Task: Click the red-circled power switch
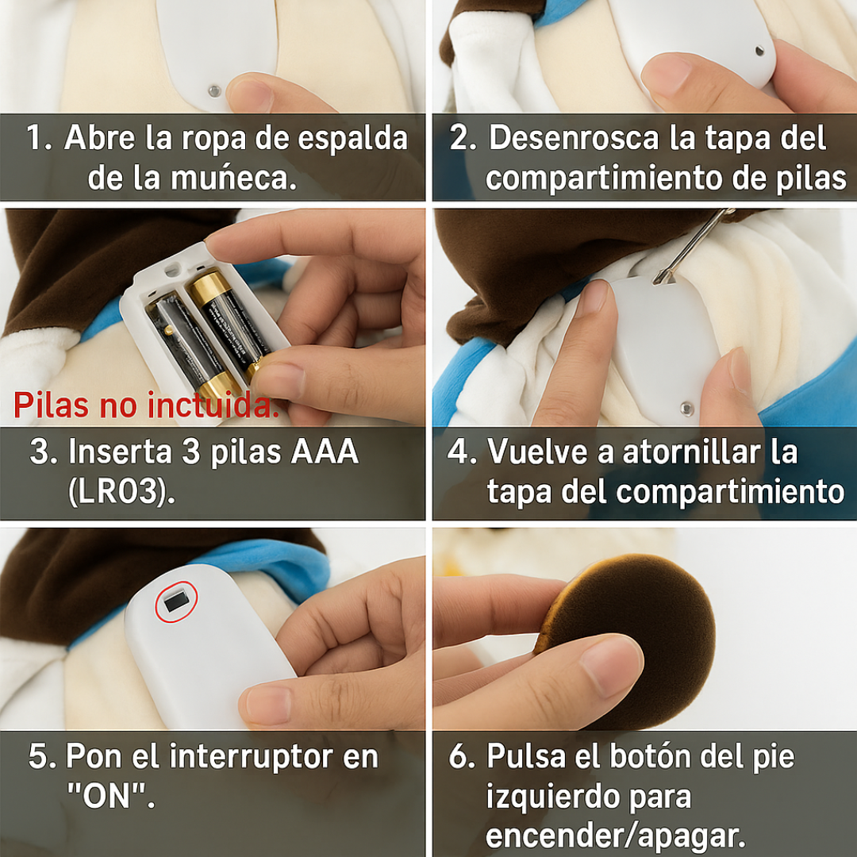point(176,601)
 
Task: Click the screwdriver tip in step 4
point(659,280)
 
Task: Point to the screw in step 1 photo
point(214,90)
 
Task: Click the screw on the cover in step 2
point(759,52)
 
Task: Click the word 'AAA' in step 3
point(325,452)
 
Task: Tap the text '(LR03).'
point(122,491)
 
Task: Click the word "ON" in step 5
point(110,796)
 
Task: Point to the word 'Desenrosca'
point(574,138)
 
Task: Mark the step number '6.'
point(462,756)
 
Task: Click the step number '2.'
point(463,138)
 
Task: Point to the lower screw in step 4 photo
point(686,409)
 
